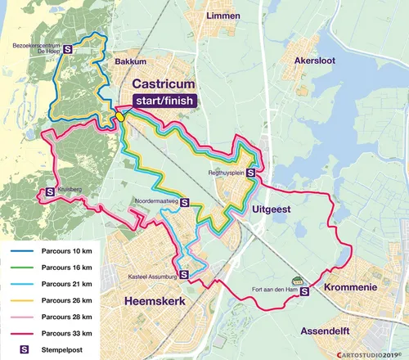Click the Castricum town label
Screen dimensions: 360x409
pyautogui.click(x=166, y=84)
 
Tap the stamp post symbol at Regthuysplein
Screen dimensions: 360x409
pyautogui.click(x=250, y=173)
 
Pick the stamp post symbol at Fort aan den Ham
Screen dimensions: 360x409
pyautogui.click(x=304, y=289)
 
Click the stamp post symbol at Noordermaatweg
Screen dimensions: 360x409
pyautogui.click(x=186, y=204)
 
